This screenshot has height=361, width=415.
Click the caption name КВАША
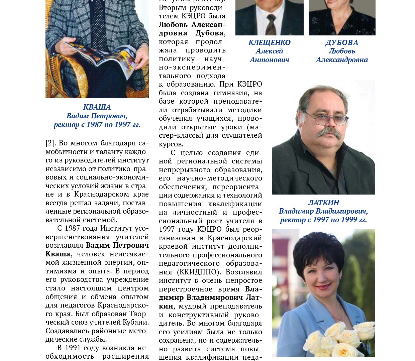[x=97, y=107]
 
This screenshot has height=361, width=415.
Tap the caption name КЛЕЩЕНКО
[x=269, y=42]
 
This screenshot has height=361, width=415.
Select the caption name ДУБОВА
[x=341, y=42]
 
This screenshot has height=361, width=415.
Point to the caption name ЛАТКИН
[x=323, y=203]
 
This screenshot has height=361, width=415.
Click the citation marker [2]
[x=50, y=143]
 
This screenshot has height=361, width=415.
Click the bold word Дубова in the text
[x=209, y=33]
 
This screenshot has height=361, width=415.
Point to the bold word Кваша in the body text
[x=58, y=254]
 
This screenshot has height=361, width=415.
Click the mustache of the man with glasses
[x=329, y=133]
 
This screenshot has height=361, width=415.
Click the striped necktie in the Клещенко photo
[x=271, y=25]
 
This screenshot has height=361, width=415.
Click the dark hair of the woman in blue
[x=318, y=247]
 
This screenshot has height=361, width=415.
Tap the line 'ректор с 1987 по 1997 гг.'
[x=97, y=124]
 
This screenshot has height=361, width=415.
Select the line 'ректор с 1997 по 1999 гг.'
[x=323, y=220]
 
